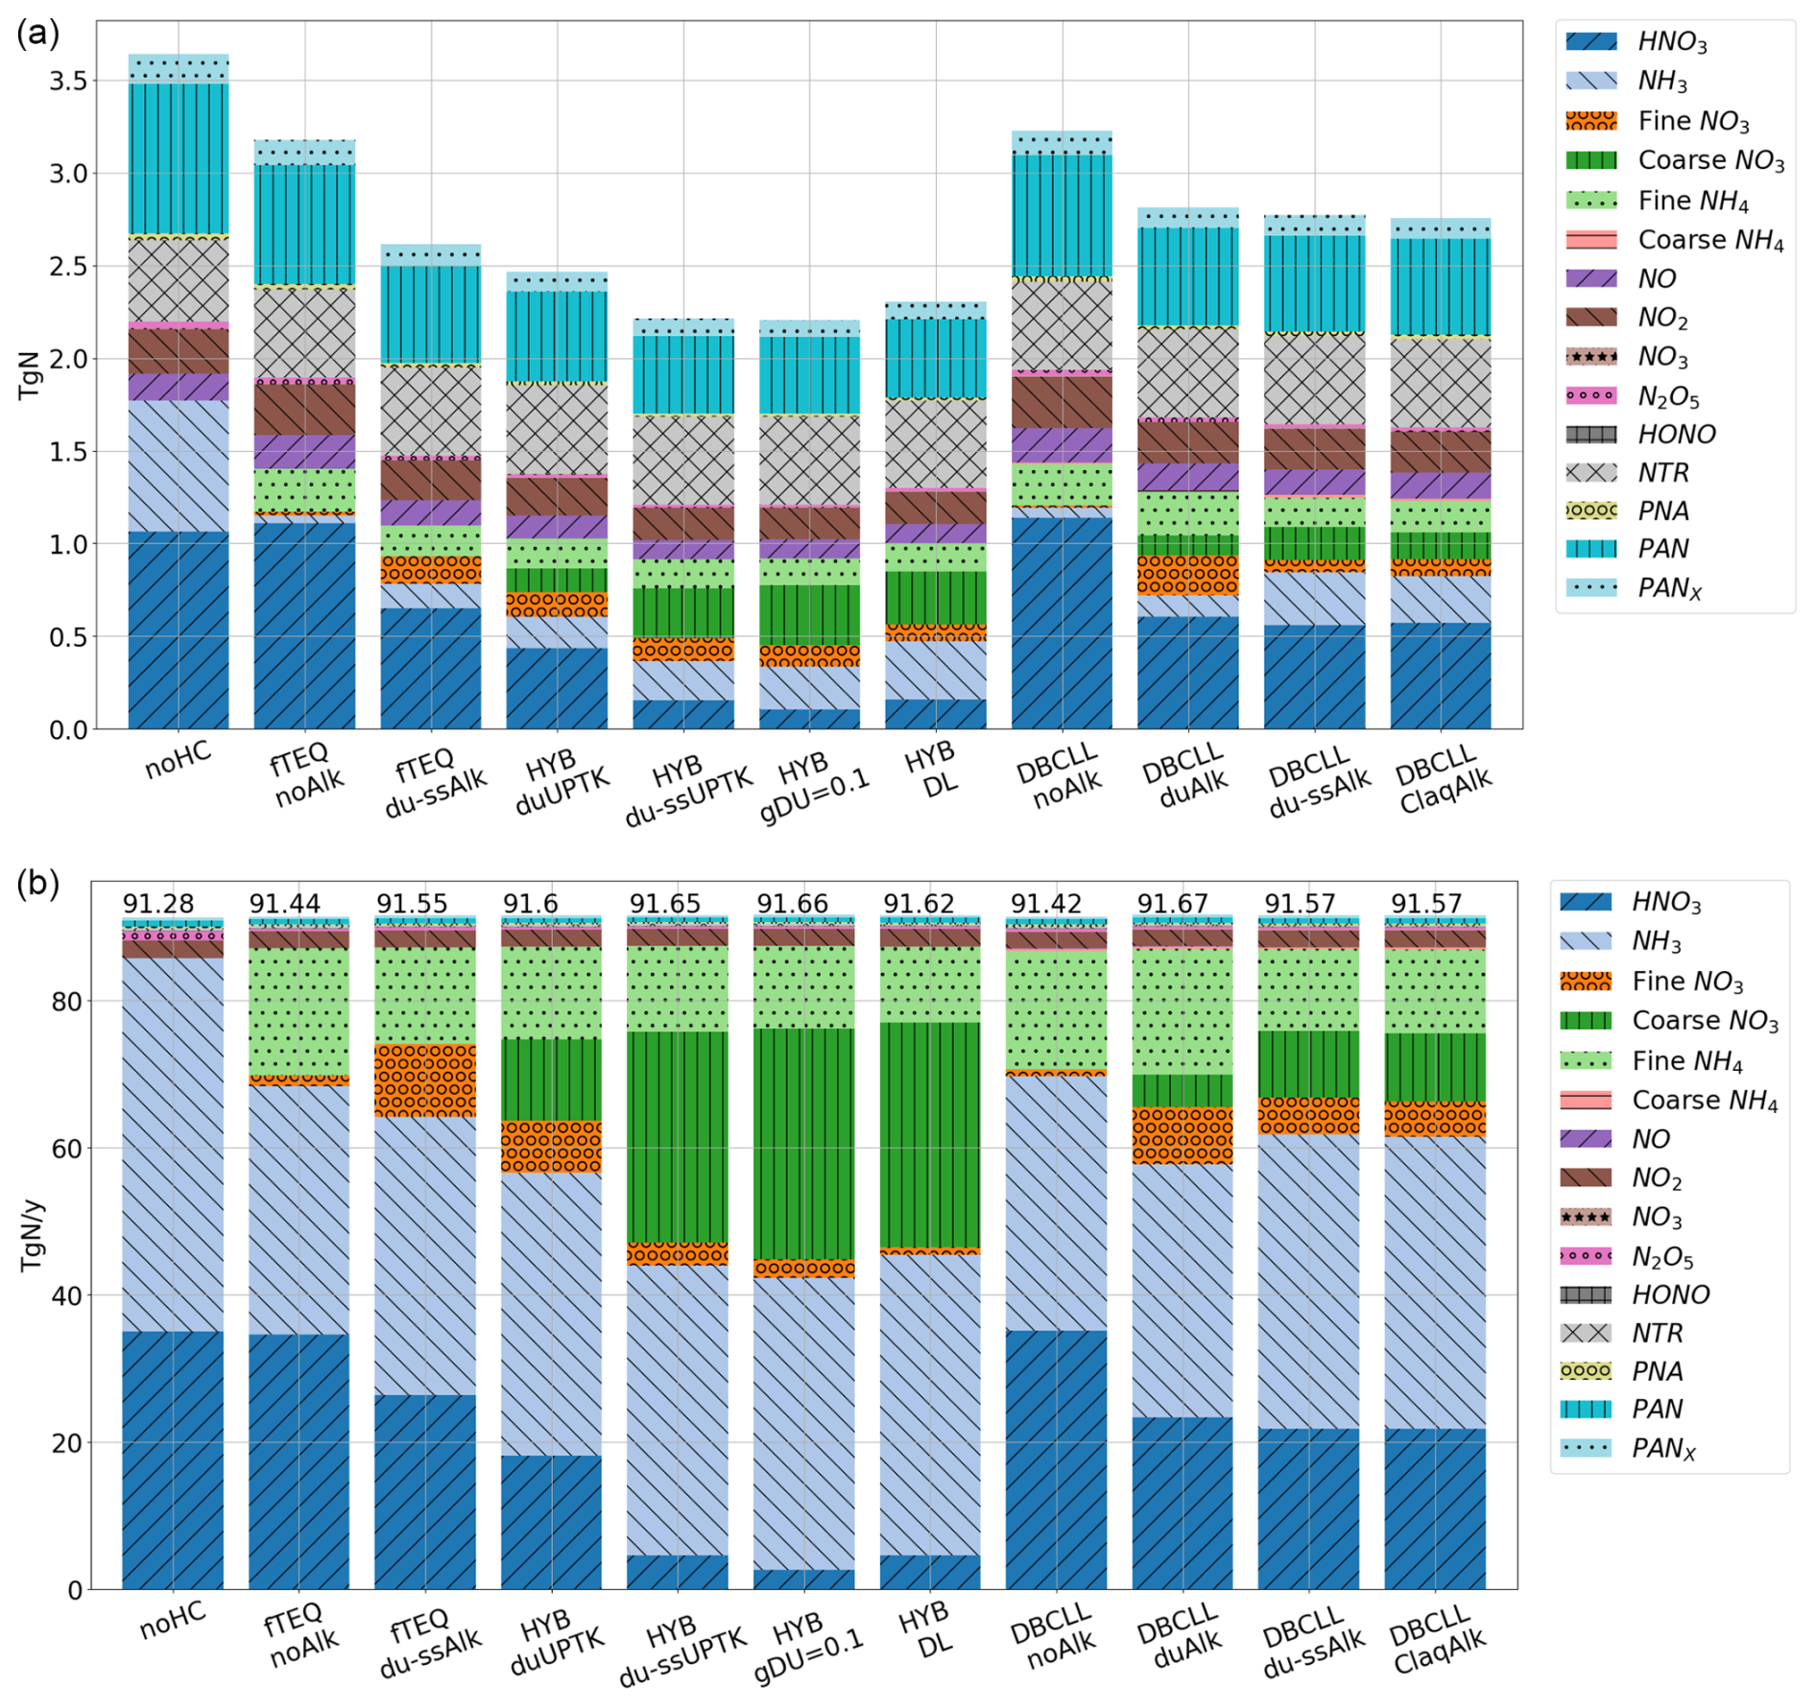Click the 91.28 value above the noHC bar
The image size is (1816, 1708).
pos(158,904)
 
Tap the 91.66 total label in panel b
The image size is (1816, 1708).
pos(792,904)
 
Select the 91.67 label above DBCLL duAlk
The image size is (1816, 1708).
pos(1172,904)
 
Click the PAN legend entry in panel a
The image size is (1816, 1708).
pos(1662,549)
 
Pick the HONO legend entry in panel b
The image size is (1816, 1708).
pos(1670,1294)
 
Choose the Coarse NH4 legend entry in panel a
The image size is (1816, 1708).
pos(1709,239)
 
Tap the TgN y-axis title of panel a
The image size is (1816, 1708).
pos(30,374)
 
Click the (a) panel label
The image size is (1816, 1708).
pos(37,34)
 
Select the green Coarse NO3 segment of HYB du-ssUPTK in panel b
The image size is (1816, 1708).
pos(677,1137)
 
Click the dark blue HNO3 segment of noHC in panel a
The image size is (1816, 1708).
pos(179,629)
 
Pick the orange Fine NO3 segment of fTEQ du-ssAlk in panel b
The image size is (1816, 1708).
pos(425,1079)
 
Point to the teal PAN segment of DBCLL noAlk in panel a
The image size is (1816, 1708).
pos(1062,216)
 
